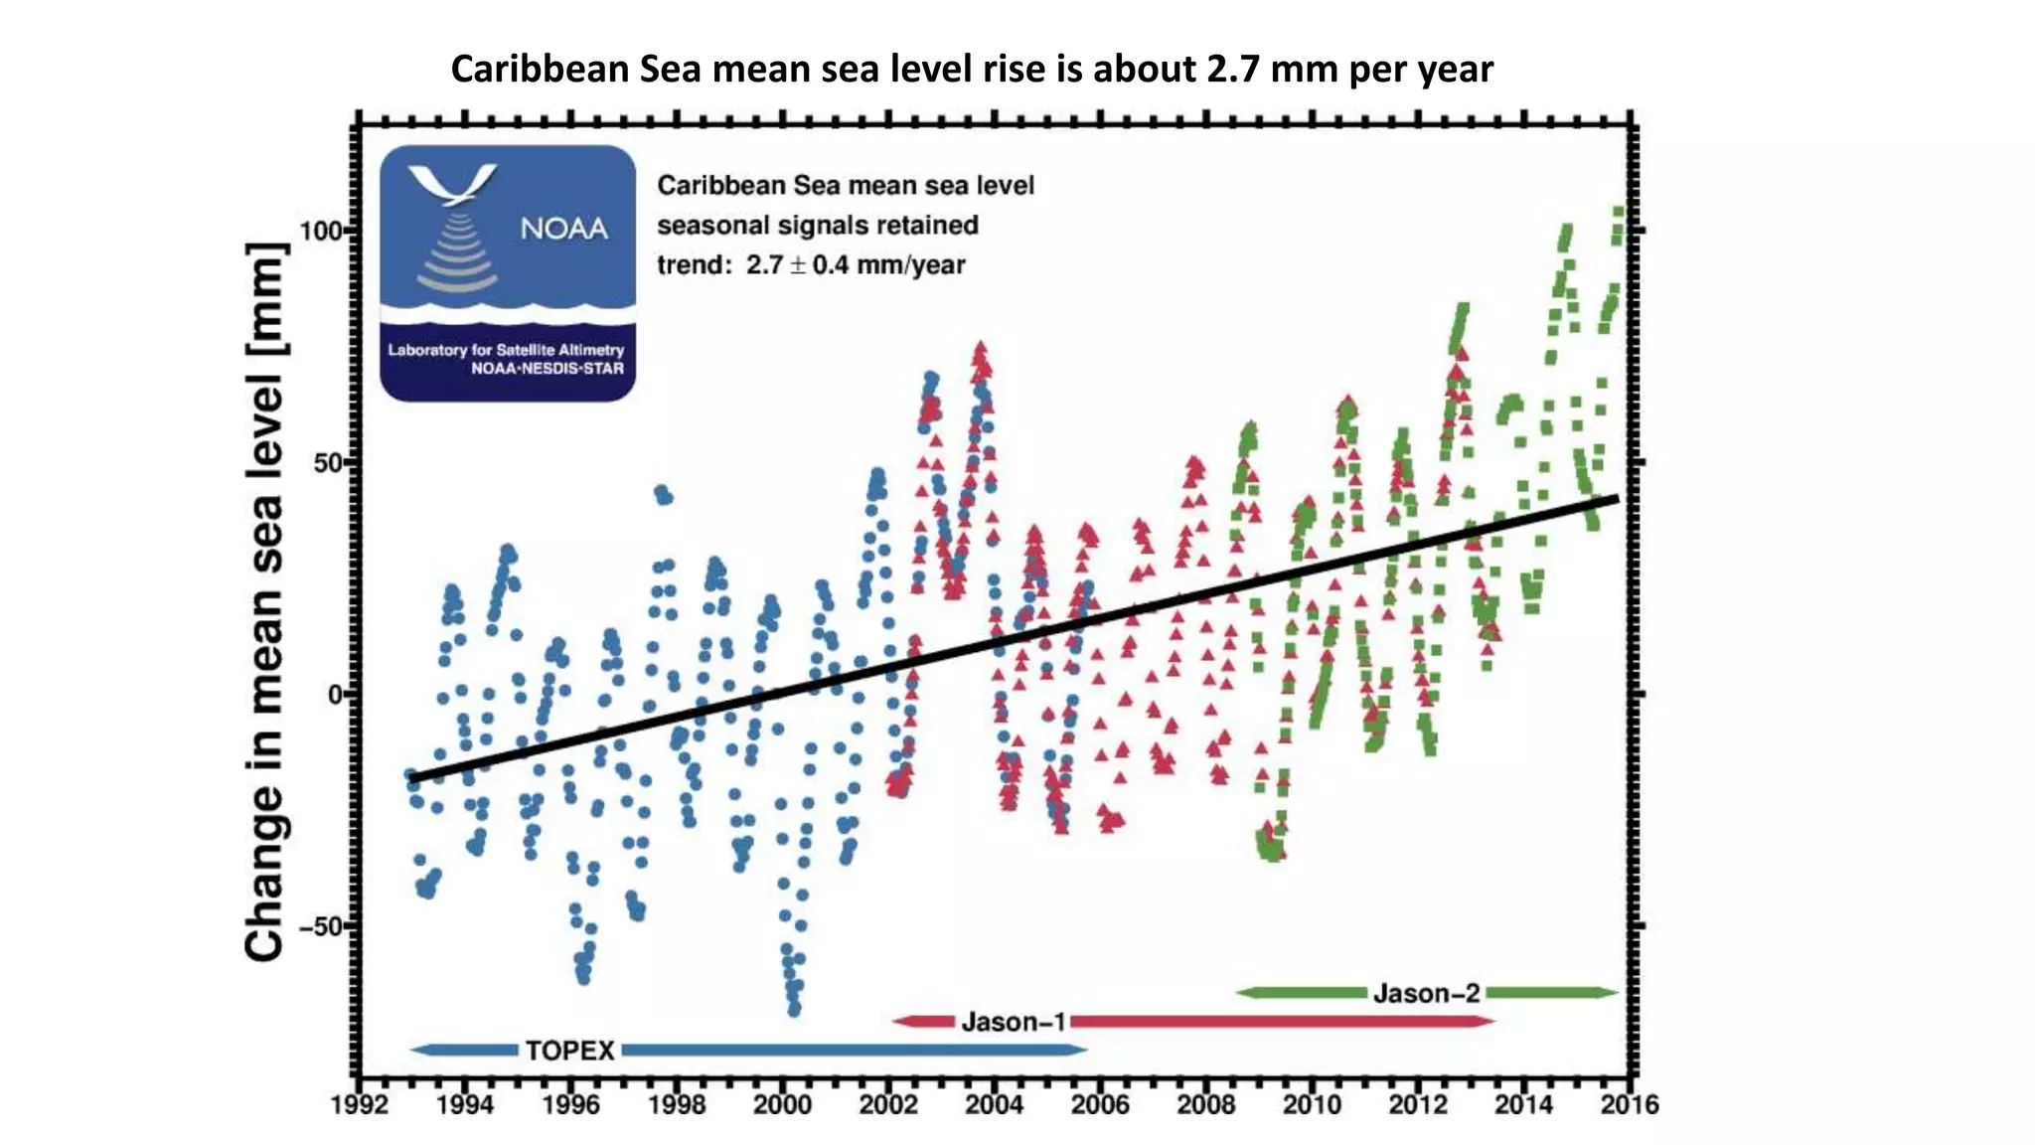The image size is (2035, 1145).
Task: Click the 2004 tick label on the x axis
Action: [994, 1104]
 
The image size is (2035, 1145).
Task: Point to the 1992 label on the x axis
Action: [359, 1104]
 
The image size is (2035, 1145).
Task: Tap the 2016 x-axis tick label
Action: [1629, 1104]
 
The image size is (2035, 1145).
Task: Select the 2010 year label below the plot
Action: [1312, 1104]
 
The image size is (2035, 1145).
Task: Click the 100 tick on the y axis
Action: [320, 231]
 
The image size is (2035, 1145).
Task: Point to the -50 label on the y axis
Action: [320, 926]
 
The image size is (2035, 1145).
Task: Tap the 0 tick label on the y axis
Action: [336, 695]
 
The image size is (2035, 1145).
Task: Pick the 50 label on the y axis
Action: [327, 463]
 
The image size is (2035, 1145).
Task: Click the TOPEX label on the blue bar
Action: [569, 1051]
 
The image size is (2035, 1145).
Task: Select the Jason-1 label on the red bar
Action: [1014, 1022]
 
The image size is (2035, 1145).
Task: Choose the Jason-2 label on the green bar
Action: [1426, 993]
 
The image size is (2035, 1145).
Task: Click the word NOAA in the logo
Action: [563, 230]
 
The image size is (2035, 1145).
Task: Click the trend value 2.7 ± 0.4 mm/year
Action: [855, 265]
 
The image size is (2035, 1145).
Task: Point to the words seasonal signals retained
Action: [817, 226]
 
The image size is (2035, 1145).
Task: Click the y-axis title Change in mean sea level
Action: [266, 601]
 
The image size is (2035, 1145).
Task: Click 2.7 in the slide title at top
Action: [1233, 69]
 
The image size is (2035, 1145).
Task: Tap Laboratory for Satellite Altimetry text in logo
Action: [506, 350]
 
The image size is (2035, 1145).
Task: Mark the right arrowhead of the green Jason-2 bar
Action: [1609, 992]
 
